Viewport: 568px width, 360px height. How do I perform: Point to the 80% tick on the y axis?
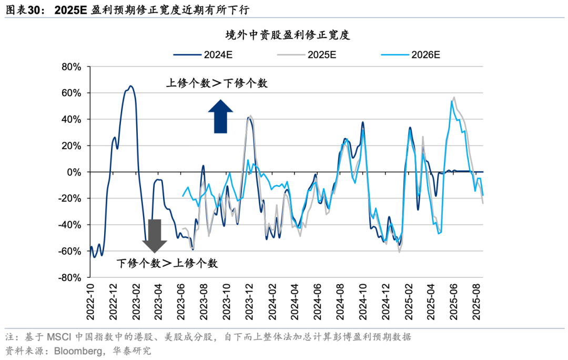70,67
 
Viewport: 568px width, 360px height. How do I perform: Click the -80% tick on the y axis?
69,277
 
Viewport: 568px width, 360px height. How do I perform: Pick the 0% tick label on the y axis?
73,172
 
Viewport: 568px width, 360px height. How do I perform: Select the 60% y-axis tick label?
70,93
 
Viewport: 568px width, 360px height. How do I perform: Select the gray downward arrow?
154,235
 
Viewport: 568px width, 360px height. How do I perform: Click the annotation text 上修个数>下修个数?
217,83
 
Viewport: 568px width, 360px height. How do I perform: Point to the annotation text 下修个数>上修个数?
167,263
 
